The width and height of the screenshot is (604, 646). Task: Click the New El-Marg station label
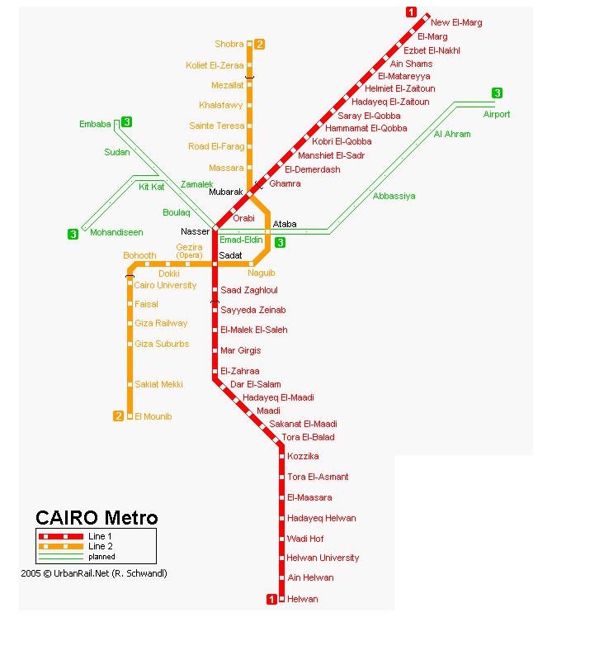[x=456, y=23]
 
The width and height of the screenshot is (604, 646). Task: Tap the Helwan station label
[x=302, y=599]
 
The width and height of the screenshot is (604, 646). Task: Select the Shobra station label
[x=229, y=44]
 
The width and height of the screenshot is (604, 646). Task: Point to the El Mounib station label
[x=153, y=416]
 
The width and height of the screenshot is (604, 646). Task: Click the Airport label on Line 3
[x=497, y=114]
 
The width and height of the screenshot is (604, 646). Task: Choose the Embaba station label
[x=95, y=124]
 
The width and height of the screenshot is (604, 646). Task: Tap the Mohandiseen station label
[x=116, y=233]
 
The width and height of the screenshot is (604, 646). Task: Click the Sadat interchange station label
[x=230, y=256]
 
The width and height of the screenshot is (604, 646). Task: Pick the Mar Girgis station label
[x=241, y=351]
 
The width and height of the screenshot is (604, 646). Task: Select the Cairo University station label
[x=166, y=285]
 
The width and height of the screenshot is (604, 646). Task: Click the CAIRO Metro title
[x=97, y=518]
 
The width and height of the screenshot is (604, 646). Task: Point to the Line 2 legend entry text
[x=101, y=546]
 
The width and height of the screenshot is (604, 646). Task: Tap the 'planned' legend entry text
[x=101, y=557]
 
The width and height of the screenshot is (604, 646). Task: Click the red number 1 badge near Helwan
[x=271, y=599]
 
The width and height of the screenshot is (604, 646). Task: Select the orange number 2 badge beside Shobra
[x=259, y=44]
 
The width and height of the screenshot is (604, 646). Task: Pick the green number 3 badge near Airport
[x=497, y=93]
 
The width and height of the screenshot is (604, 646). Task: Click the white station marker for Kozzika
[x=281, y=456]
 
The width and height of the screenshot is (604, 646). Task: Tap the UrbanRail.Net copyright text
[x=94, y=572]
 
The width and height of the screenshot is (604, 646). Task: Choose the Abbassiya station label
[x=394, y=196]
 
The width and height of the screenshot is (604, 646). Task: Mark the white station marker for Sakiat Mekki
[x=130, y=384]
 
